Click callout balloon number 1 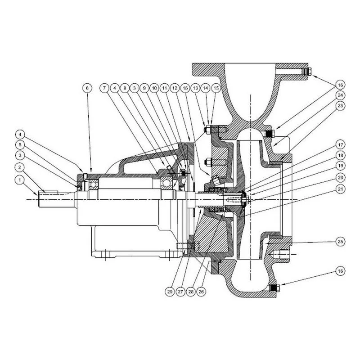[x=20, y=180]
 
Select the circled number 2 [x=20, y=167]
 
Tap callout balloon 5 [x=20, y=145]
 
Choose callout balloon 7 [x=104, y=88]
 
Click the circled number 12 [x=175, y=88]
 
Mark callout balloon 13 [x=196, y=88]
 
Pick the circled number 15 [x=216, y=88]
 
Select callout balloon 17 [x=340, y=145]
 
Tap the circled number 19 [x=340, y=166]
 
